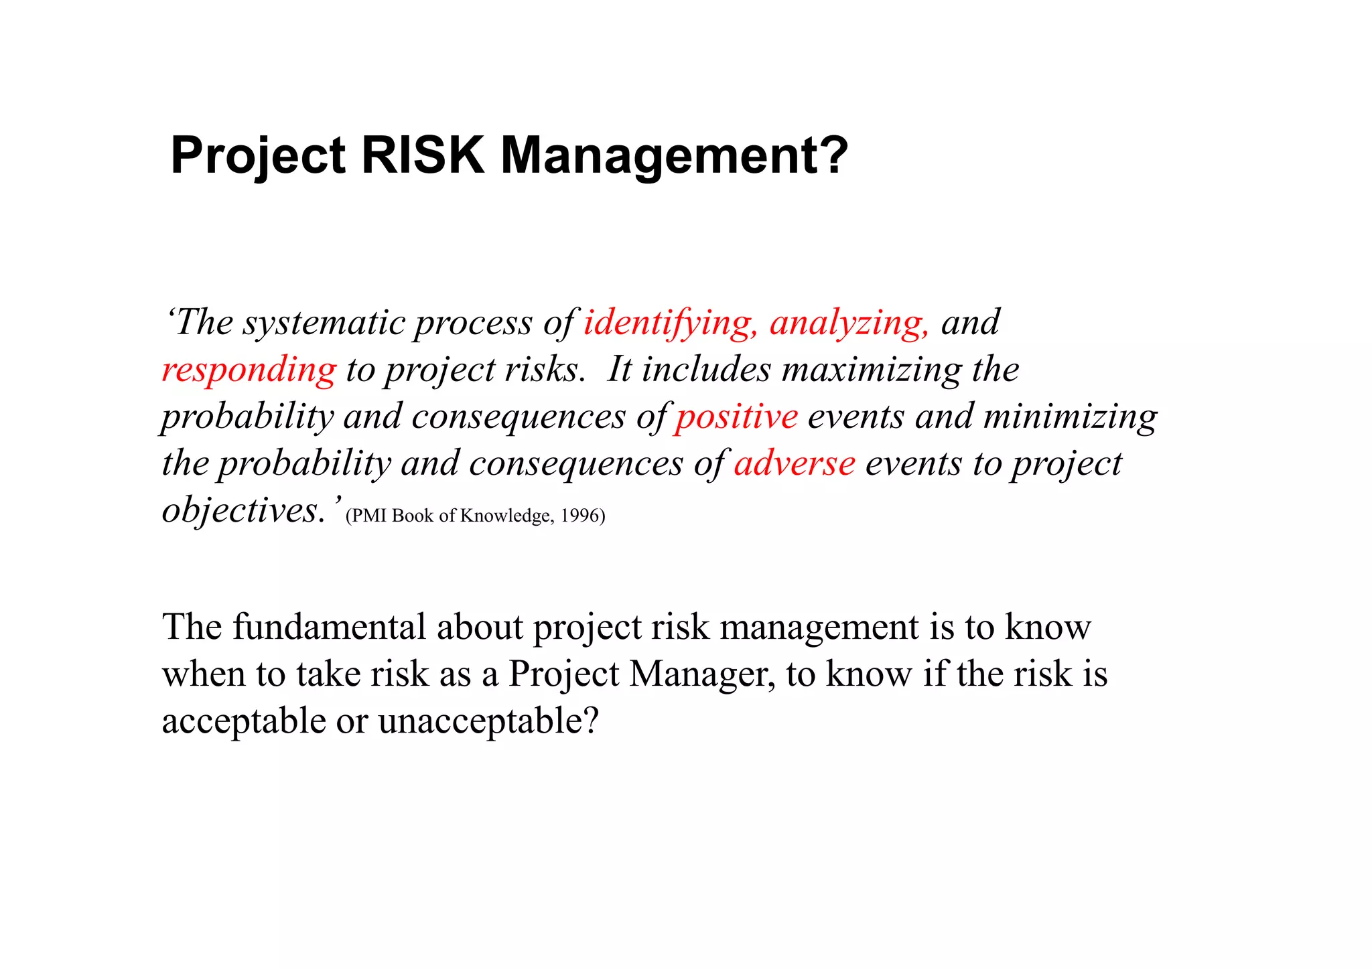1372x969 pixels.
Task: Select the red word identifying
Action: [670, 323]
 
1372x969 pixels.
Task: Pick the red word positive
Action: [736, 417]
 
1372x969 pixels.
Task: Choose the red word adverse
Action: [795, 463]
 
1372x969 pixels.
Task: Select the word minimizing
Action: [1070, 417]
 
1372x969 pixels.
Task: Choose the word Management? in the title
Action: [675, 155]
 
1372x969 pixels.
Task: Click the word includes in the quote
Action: [706, 370]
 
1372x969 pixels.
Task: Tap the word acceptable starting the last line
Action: [244, 721]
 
